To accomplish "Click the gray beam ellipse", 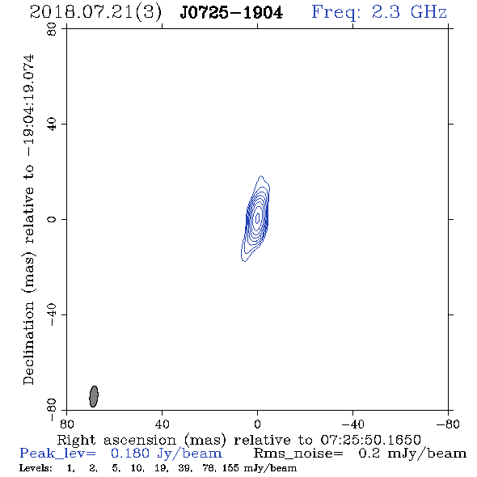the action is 94,396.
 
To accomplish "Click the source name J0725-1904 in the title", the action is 231,13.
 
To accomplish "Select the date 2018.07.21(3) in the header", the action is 95,13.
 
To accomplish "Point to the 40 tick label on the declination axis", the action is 52,125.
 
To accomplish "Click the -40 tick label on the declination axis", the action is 52,314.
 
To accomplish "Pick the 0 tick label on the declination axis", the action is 52,219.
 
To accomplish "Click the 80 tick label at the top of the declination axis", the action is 52,29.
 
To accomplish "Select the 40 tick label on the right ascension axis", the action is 162,424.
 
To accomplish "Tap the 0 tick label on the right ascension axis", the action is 257,424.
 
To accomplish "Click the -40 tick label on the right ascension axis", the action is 352,424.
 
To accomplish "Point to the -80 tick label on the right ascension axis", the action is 448,424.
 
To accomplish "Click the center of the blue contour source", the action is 257,217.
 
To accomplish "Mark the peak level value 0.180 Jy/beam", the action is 167,454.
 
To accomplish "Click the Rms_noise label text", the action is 298,454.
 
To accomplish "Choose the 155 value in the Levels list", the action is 230,468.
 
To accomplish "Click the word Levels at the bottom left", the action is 36,468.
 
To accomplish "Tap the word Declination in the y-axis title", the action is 28,343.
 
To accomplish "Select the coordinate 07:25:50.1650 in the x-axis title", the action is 370,440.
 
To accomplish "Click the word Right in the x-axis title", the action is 76,441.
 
